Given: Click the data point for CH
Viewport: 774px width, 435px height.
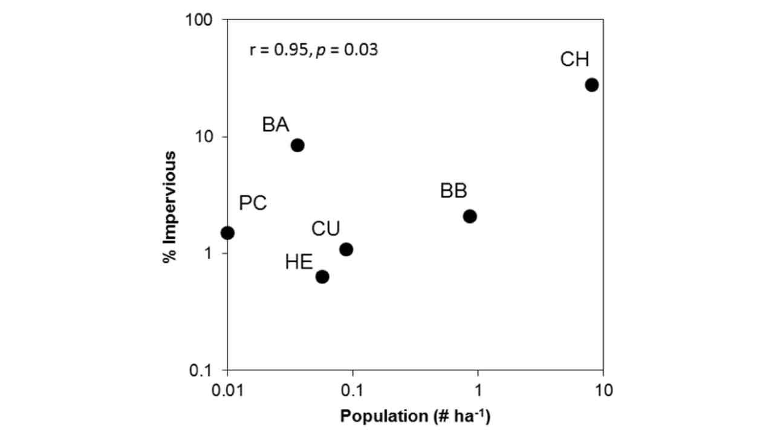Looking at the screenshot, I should point(591,85).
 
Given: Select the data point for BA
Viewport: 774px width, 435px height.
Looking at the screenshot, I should point(297,145).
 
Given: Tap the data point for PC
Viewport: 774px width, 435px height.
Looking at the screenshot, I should point(227,233).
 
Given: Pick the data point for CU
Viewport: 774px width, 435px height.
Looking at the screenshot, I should point(346,250).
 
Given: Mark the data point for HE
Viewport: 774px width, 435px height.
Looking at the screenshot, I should point(322,277).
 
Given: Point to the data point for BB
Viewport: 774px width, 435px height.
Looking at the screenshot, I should point(470,216).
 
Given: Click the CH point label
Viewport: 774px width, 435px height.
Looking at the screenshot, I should point(574,60).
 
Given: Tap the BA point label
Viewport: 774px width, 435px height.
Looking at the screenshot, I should point(275,125).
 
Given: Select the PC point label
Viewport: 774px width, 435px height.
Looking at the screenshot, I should point(253,204).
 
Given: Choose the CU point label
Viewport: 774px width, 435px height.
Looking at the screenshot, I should point(325,229).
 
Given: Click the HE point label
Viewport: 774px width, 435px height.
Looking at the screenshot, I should point(299,263).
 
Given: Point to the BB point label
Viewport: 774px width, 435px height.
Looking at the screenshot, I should point(453,192).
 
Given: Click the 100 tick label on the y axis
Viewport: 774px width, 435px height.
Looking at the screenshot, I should point(203,21).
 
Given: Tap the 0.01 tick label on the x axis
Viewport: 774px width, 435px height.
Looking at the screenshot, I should point(227,390).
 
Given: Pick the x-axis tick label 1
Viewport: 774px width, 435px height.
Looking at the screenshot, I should point(478,390).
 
